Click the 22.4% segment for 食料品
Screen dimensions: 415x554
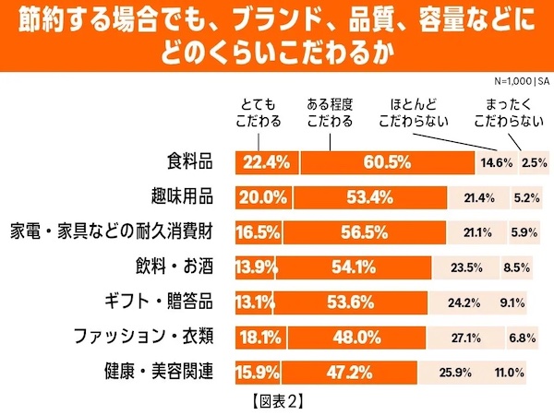(x=265, y=162)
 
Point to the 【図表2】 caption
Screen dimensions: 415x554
(x=276, y=401)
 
